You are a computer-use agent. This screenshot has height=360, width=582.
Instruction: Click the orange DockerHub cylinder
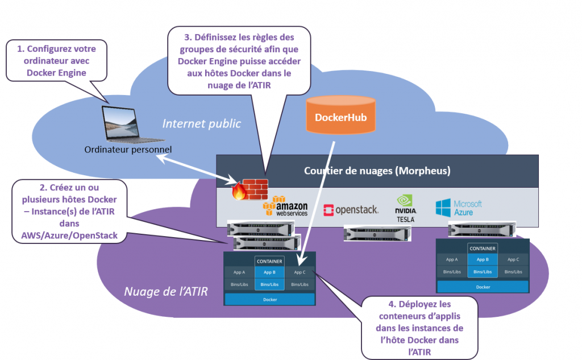(x=340, y=116)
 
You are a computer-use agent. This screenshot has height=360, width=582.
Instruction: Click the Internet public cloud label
(x=202, y=123)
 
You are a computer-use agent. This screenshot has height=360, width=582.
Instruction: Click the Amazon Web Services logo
(x=285, y=206)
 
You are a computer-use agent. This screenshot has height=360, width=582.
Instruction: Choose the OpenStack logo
(x=351, y=210)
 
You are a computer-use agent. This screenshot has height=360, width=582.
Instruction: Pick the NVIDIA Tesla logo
(x=405, y=208)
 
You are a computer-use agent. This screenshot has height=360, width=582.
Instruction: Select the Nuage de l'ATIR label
(x=166, y=292)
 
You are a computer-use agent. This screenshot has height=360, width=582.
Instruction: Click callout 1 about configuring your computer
(x=58, y=61)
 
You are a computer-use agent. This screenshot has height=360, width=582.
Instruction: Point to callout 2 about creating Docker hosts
(x=69, y=211)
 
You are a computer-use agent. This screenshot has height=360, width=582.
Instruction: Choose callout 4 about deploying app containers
(x=419, y=328)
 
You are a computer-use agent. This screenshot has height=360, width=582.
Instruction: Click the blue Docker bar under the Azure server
(x=483, y=287)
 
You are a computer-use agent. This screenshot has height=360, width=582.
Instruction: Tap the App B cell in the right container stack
(x=483, y=259)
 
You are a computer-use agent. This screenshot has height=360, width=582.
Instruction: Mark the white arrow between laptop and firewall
(x=196, y=169)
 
